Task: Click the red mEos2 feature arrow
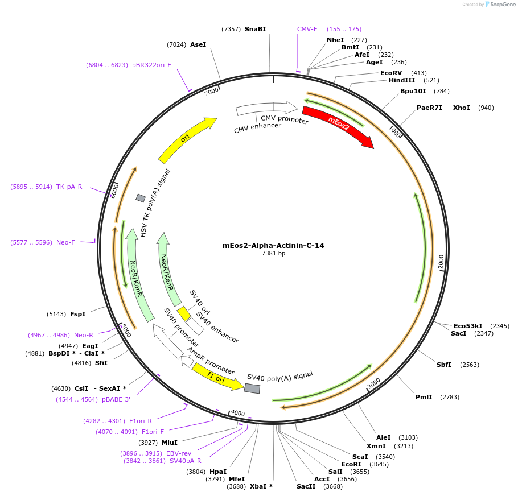pos(338,125)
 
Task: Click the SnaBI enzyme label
pos(255,29)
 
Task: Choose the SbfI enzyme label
pos(443,365)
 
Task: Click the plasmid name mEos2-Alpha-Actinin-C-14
pos(273,246)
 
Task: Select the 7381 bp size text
pos(273,254)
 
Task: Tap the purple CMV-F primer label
pos(307,29)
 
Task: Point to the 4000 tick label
pos(237,414)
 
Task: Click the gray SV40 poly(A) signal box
pos(252,388)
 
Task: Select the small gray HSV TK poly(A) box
pos(141,198)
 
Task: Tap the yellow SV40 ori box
pos(184,313)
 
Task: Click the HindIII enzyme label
pos(402,81)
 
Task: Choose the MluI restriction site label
pos(170,443)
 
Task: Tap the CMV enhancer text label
pos(257,128)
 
